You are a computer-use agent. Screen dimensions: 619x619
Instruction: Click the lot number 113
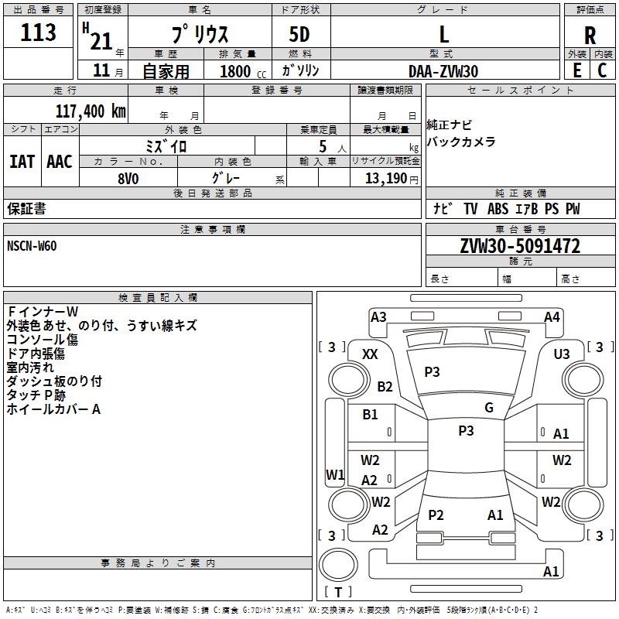pos(39,33)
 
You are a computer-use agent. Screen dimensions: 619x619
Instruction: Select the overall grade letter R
pos(590,35)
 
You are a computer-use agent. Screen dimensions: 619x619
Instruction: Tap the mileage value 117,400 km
pos(91,111)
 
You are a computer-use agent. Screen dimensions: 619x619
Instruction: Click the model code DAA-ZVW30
pos(443,71)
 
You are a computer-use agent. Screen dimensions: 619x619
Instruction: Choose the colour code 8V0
pos(128,177)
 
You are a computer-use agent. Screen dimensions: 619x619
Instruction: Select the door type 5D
pos(299,35)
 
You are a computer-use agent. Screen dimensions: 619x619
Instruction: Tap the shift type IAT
pos(22,162)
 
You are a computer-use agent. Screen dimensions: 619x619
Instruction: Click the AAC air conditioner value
pos(60,162)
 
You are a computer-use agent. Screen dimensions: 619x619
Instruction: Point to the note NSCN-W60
pos(32,246)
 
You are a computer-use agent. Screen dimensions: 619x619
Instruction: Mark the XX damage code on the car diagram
pos(370,354)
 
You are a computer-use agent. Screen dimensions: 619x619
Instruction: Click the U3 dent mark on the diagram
pos(562,354)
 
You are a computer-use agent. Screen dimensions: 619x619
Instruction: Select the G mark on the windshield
pos(489,408)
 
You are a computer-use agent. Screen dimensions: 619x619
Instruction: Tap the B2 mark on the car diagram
pos(385,387)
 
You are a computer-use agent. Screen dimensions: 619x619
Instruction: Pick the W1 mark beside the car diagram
pos(335,474)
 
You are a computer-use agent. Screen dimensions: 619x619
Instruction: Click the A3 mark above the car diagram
pos(378,316)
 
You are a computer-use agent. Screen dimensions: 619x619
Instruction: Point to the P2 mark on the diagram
pos(436,515)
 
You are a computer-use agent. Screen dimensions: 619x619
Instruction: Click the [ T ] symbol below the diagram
pos(337,593)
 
